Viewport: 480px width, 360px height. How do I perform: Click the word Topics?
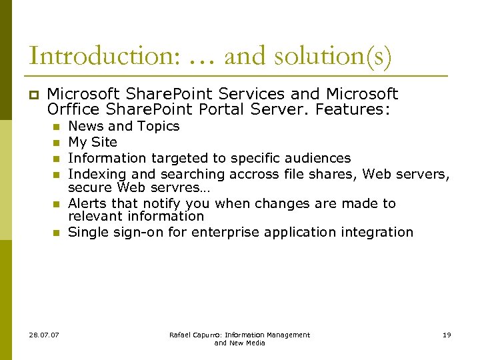tap(159, 126)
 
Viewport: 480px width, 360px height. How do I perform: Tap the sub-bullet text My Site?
tap(93, 142)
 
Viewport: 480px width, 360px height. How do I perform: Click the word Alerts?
tap(88, 203)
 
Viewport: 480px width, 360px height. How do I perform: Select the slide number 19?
tap(447, 335)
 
